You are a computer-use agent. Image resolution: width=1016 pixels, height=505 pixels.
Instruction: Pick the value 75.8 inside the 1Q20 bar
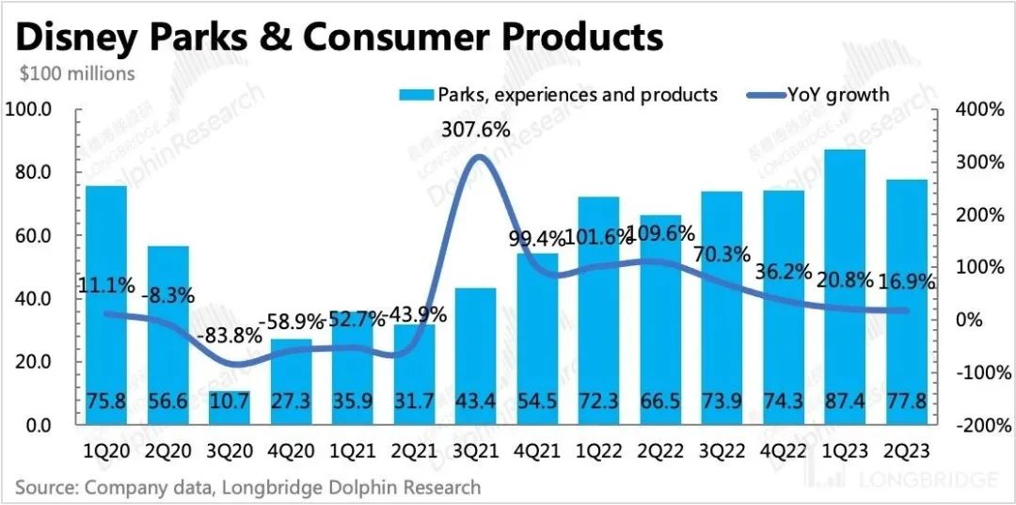coord(106,402)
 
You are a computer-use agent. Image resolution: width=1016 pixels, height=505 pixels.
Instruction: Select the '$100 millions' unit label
coord(75,72)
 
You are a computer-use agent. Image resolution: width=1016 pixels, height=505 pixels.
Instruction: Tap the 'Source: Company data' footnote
coord(247,487)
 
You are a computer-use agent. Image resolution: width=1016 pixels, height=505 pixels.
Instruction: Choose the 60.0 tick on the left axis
coord(34,236)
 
